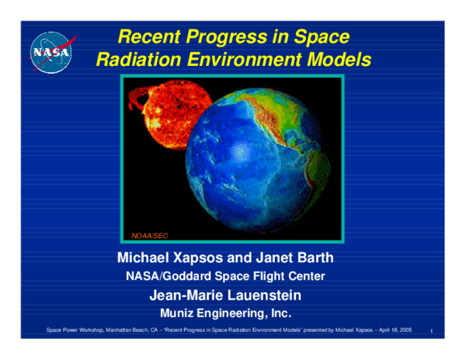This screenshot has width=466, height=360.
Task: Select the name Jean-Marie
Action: coord(183,296)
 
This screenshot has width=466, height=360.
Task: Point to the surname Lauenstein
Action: coord(270,296)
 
